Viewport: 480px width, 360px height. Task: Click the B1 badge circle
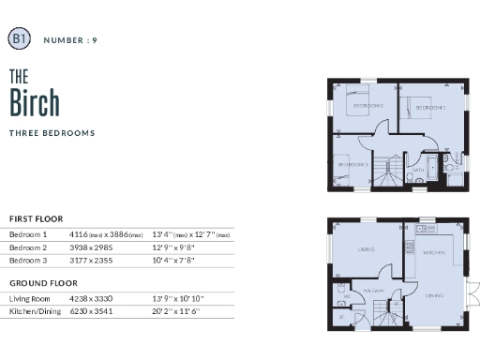(x=19, y=38)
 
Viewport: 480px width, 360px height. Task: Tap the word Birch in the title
(x=35, y=100)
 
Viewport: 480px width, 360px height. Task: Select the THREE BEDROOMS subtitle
(x=52, y=133)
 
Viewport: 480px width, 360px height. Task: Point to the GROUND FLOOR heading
(x=42, y=282)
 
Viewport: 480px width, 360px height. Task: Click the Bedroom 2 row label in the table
(x=28, y=247)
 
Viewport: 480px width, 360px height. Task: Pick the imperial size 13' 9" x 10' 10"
(x=177, y=298)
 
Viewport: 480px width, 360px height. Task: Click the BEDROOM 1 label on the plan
(x=431, y=108)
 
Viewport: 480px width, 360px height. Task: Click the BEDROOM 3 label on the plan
(x=352, y=165)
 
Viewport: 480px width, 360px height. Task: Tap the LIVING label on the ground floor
(x=367, y=249)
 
